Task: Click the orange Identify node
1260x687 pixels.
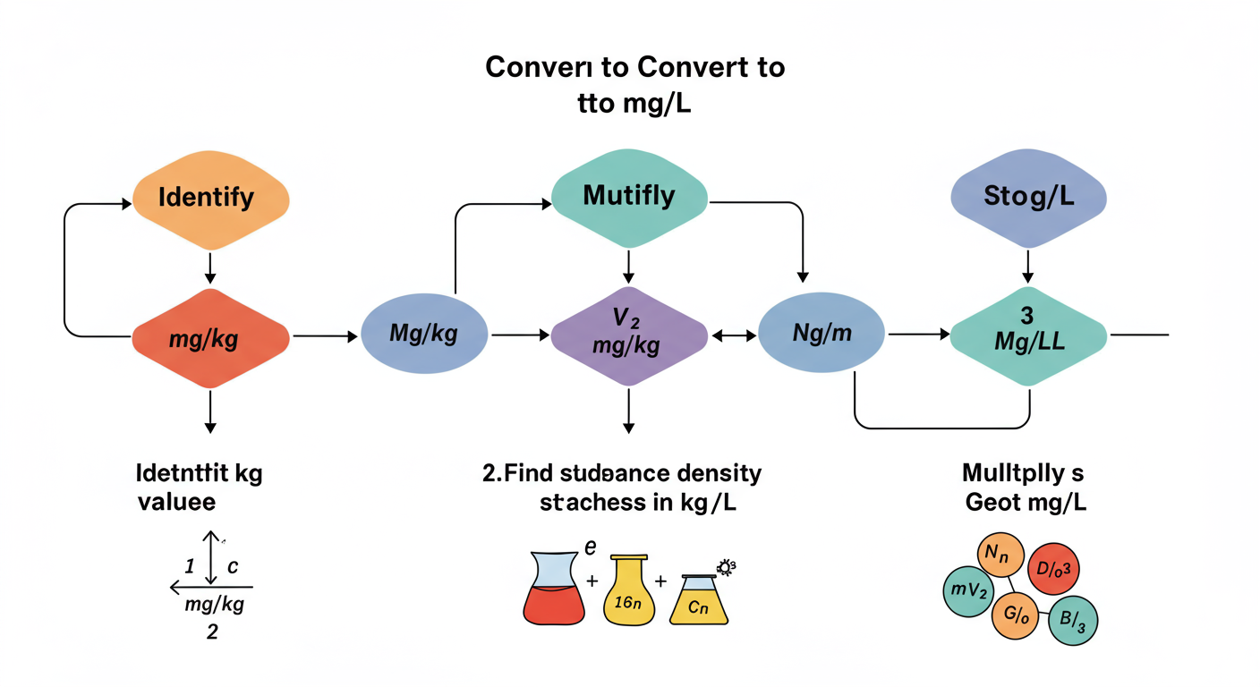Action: click(x=210, y=196)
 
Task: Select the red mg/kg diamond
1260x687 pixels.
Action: click(x=210, y=338)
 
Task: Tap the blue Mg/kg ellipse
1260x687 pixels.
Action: click(x=424, y=335)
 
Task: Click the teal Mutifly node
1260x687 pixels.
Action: click(x=629, y=196)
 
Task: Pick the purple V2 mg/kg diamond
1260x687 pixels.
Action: click(x=629, y=335)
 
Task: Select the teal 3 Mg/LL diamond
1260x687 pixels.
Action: click(x=1028, y=335)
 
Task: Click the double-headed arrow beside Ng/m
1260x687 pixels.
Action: click(x=733, y=335)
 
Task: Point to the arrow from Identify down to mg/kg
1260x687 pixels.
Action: click(x=209, y=267)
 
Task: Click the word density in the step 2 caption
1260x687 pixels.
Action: click(x=717, y=472)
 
